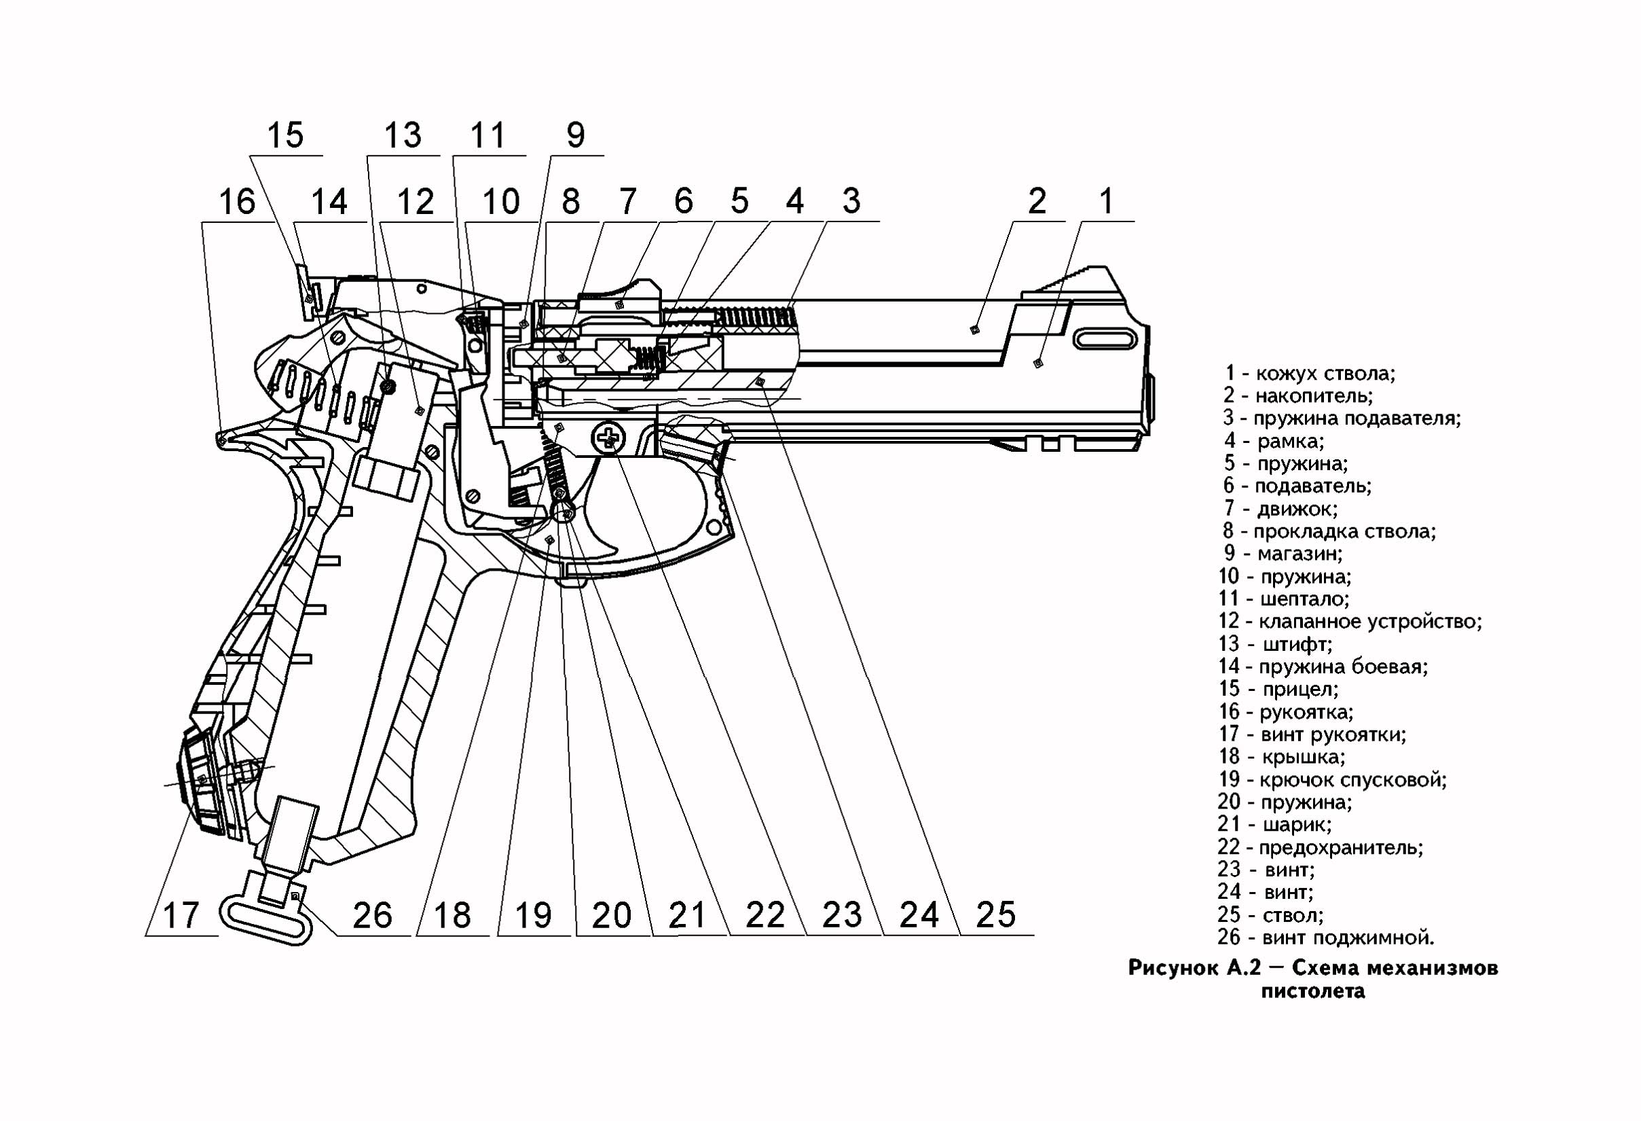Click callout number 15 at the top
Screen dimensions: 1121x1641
tap(285, 135)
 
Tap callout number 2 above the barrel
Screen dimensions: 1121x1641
tap(1037, 201)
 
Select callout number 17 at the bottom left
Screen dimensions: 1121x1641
tap(181, 914)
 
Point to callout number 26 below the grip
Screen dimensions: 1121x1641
tap(372, 914)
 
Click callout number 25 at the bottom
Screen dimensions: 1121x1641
tap(995, 914)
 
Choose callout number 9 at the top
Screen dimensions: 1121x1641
tap(576, 135)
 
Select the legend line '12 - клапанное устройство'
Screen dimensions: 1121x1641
tap(1349, 622)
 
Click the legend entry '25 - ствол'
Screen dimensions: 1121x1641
tap(1270, 914)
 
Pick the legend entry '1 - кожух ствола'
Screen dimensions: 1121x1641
tap(1310, 373)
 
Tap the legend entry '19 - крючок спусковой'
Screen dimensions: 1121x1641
tap(1331, 780)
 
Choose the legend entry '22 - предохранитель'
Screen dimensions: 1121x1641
tap(1320, 847)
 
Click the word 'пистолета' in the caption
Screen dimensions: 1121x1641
tap(1313, 991)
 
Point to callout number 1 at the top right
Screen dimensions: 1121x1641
tap(1107, 201)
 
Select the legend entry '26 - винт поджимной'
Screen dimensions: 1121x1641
tap(1325, 938)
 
